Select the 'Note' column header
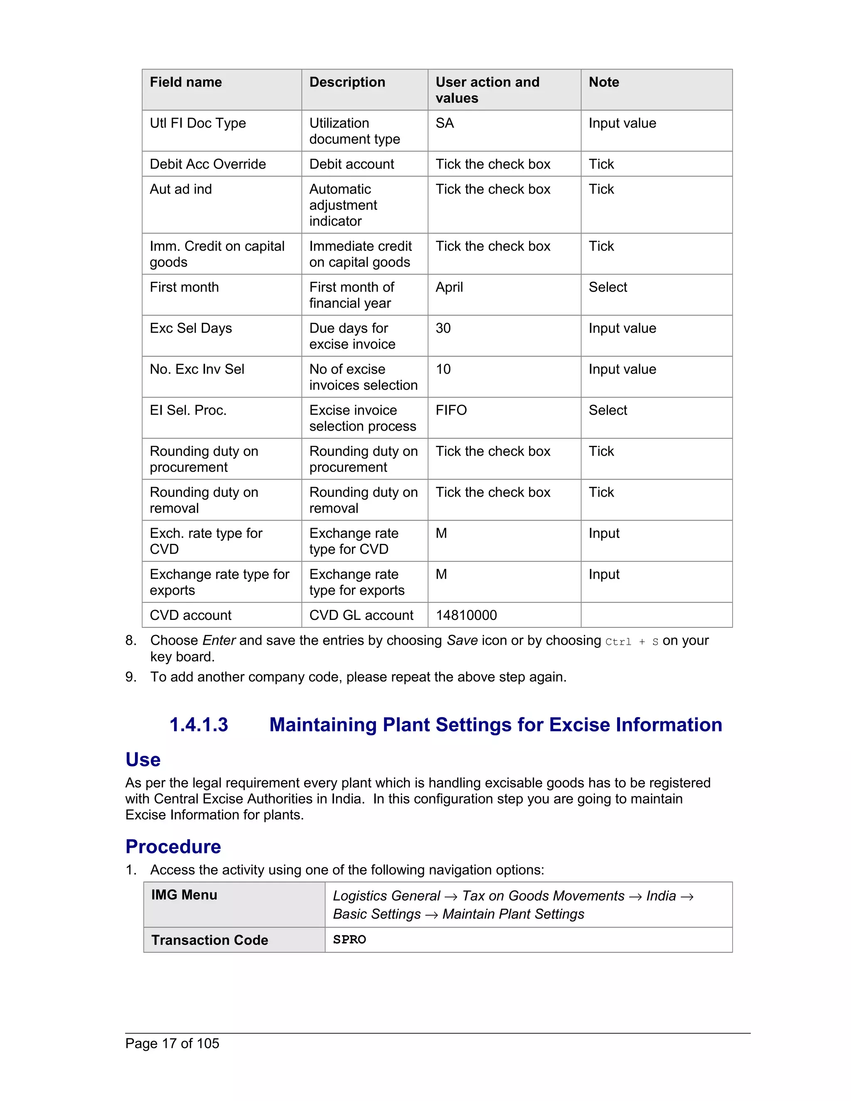click(x=603, y=82)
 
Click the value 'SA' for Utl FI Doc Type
click(x=445, y=123)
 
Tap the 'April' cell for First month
click(x=449, y=288)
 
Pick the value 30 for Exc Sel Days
click(x=443, y=328)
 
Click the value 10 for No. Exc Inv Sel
click(x=443, y=369)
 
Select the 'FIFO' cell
click(x=451, y=410)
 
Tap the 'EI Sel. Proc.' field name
click(x=188, y=410)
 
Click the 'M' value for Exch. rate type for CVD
click(x=441, y=533)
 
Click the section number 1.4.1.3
click(x=199, y=725)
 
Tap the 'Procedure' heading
click(x=173, y=846)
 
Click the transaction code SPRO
click(x=349, y=940)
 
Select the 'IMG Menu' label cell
click(x=184, y=895)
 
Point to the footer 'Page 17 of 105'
click(x=172, y=1044)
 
